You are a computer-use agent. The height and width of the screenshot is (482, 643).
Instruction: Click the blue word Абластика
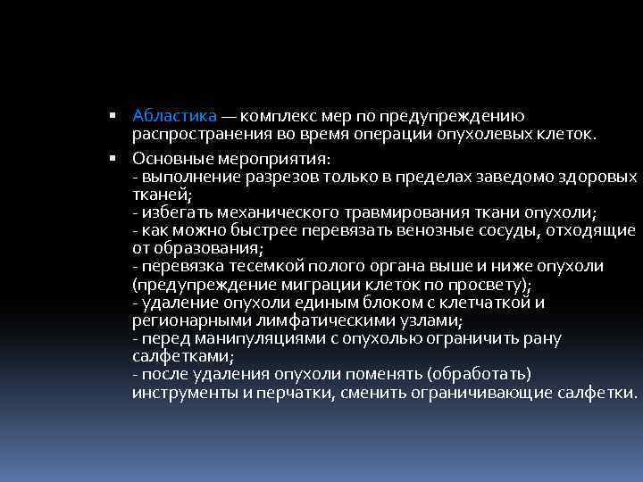(174, 116)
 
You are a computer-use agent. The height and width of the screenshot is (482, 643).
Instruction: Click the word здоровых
(598, 177)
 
